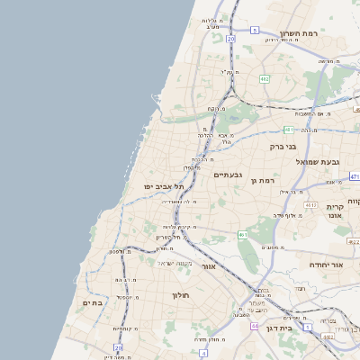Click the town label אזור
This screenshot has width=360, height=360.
208,266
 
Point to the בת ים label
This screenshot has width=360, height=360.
94,303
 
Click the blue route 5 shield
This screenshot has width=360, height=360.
255,31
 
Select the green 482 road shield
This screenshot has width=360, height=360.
264,79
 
